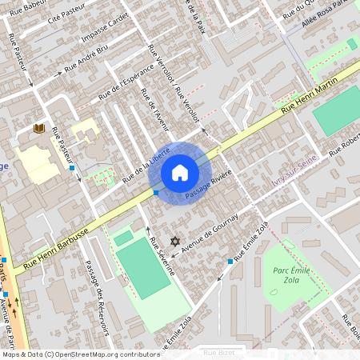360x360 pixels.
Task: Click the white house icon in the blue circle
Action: pos(179,172)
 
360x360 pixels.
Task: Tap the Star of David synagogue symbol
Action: pos(175,241)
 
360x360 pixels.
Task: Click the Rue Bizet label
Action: pos(221,352)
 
